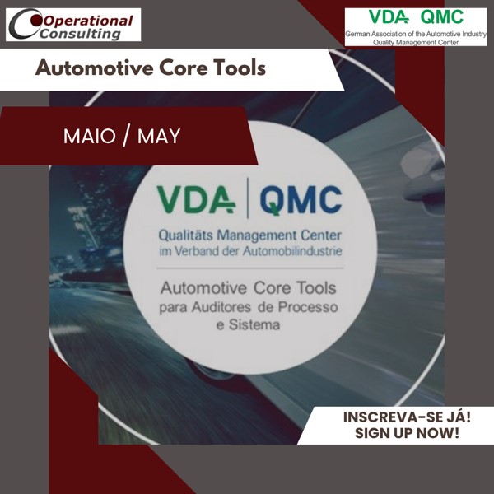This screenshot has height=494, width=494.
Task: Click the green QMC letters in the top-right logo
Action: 441,16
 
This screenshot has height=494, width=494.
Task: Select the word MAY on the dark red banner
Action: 159,136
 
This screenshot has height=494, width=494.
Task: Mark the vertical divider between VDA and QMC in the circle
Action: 248,201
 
